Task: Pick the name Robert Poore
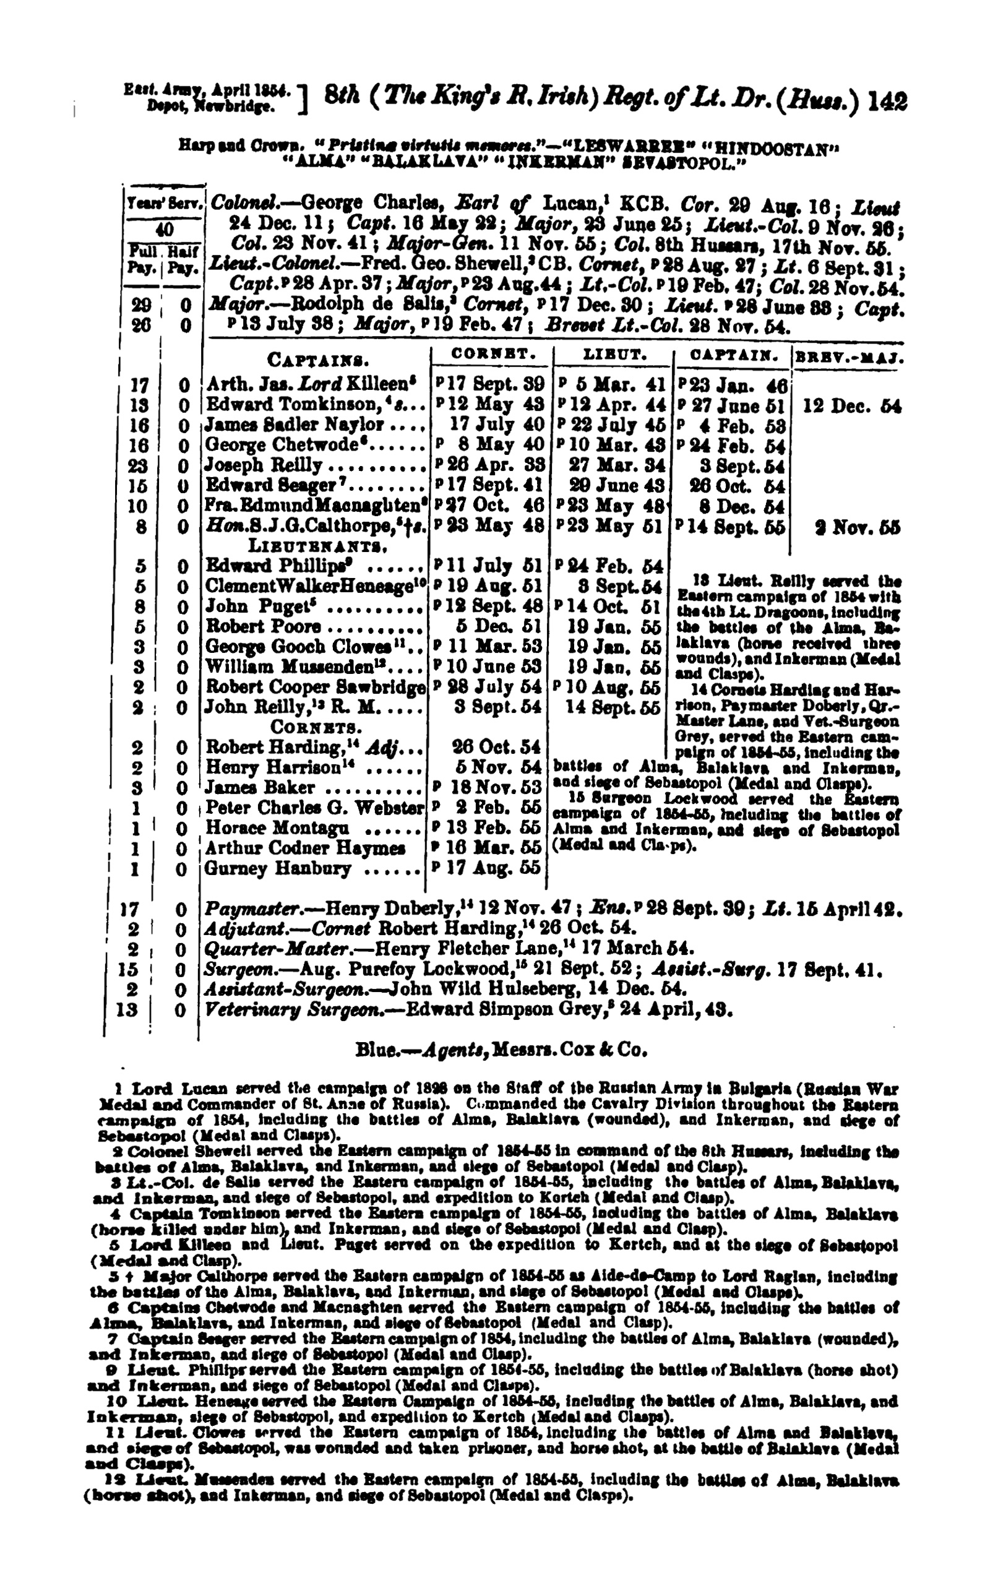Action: [x=264, y=628]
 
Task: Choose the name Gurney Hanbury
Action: [x=278, y=869]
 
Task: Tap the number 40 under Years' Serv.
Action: [x=164, y=230]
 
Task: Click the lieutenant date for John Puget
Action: [x=609, y=607]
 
